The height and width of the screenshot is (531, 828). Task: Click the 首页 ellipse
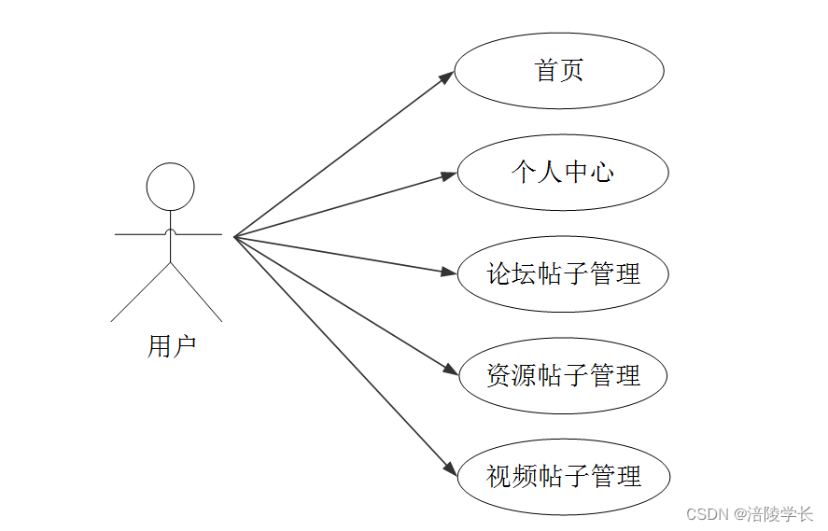coord(559,71)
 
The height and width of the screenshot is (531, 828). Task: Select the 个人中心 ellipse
coord(563,173)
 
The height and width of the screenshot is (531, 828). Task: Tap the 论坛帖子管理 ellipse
coord(563,274)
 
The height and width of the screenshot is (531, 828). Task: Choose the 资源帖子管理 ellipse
coord(563,376)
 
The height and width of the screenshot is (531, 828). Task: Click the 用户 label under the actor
coord(171,347)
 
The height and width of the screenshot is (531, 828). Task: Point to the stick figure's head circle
coord(171,187)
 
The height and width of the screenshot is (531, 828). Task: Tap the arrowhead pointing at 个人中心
coord(450,175)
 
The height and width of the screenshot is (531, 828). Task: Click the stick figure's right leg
coord(197,293)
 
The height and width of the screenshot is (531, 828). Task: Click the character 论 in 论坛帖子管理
coord(499,274)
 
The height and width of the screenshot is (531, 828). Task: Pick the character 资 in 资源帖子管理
coord(499,376)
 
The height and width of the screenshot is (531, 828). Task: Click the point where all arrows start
coord(234,237)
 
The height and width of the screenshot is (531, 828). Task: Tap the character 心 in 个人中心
coord(602,173)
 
